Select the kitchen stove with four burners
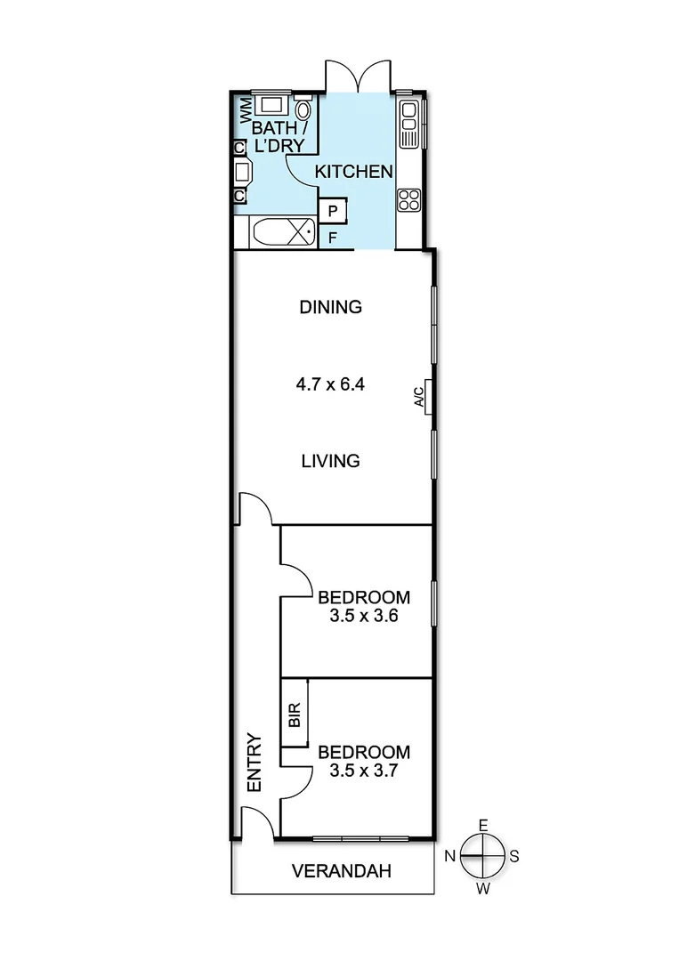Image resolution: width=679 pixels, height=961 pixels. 408,199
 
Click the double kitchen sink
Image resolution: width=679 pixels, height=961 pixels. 409,124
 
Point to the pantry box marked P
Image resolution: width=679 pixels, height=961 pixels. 332,211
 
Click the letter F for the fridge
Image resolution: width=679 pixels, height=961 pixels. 332,238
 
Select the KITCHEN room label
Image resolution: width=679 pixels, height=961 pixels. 354,171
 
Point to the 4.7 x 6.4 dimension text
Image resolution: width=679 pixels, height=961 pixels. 330,385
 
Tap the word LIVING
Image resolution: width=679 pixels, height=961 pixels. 330,461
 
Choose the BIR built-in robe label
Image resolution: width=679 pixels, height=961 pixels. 295,715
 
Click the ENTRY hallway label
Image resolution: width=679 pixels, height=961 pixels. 255,763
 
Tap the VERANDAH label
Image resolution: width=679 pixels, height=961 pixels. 342,871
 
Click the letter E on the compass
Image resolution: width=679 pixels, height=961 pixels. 483,825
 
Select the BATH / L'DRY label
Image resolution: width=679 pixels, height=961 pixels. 278,137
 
